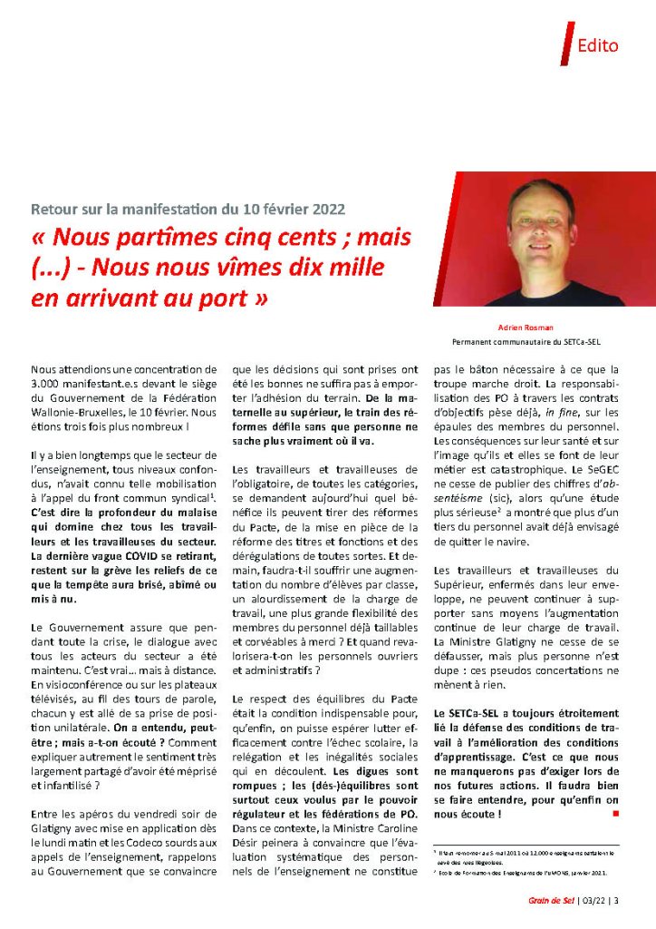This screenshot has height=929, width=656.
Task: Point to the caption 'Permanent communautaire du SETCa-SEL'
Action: click(526, 343)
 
